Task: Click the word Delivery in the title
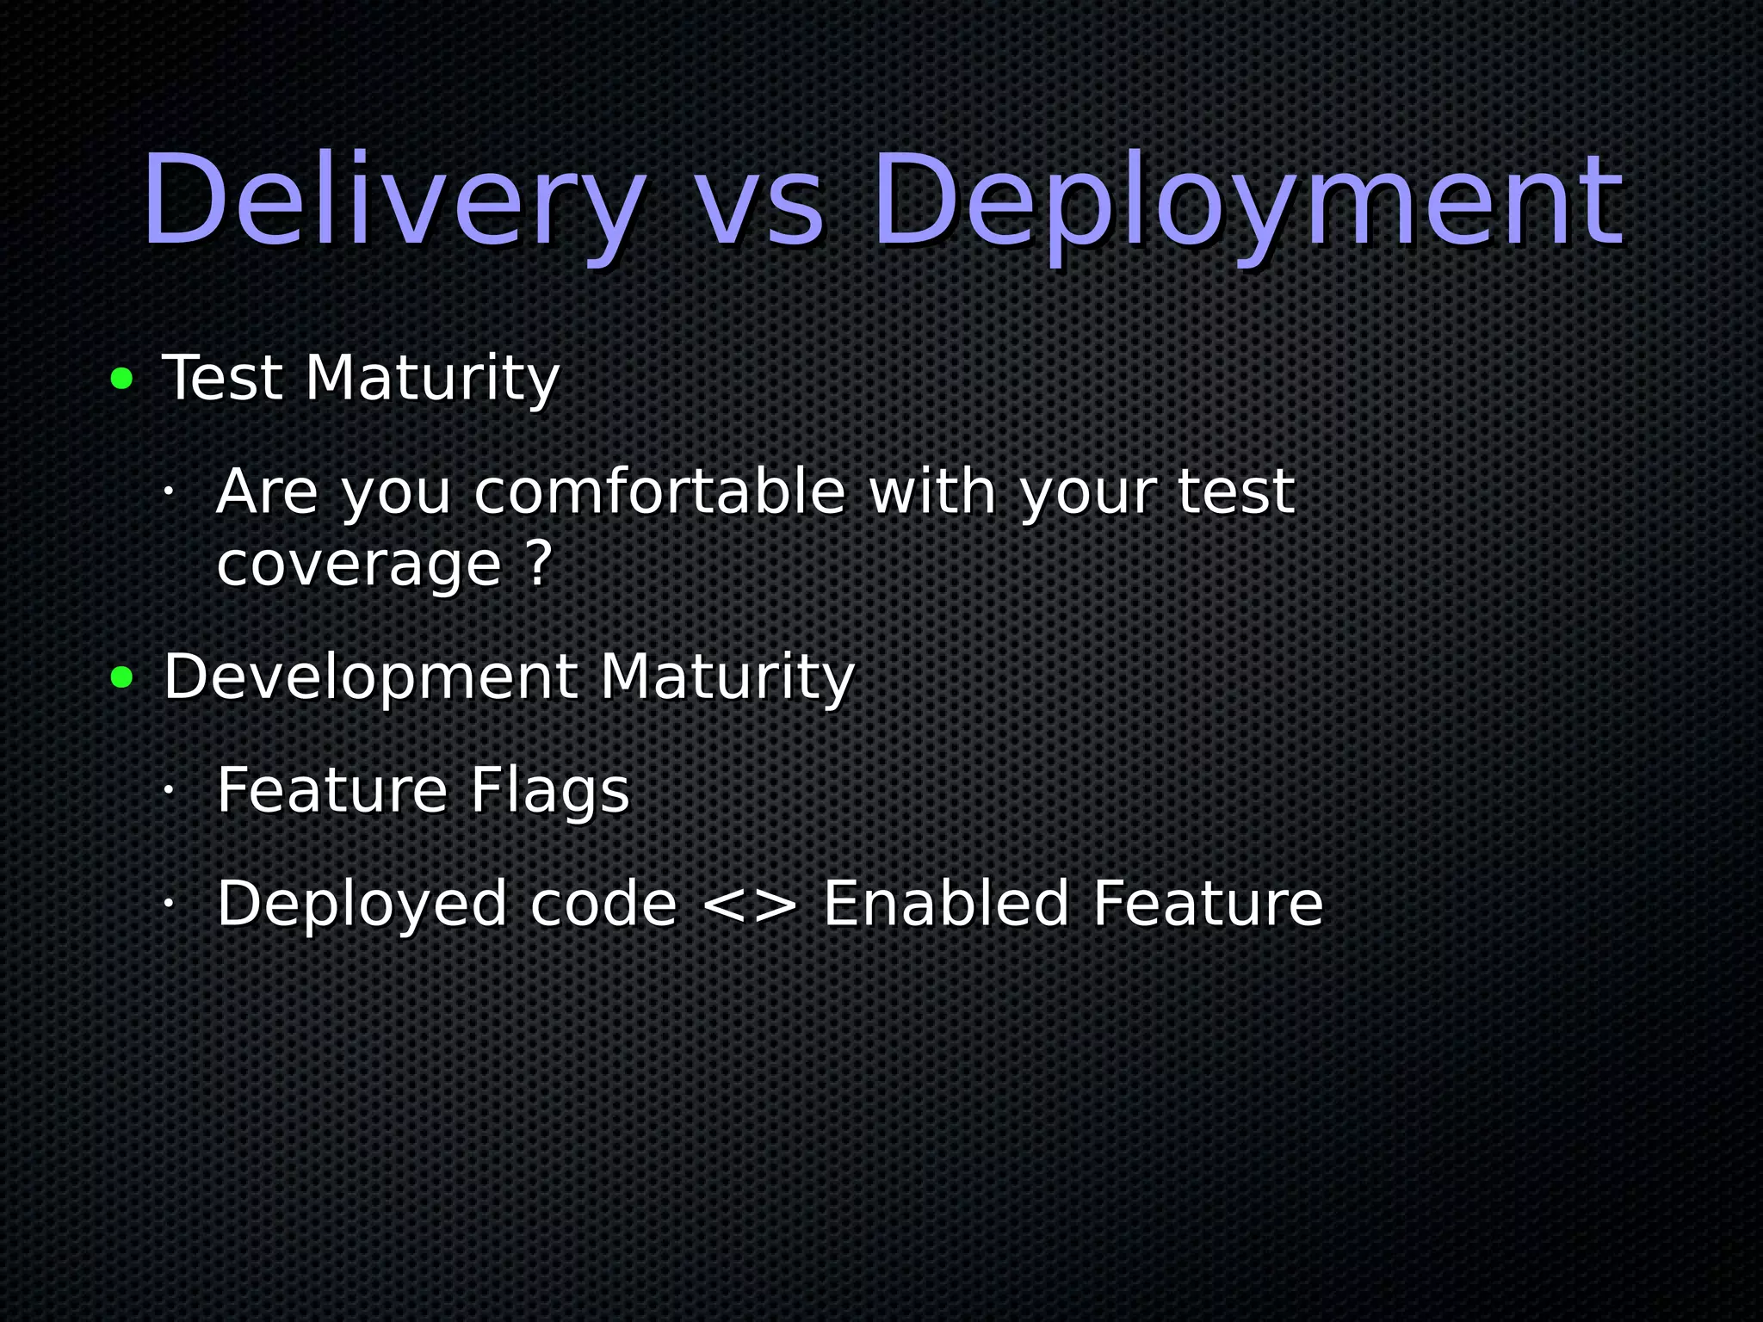pyautogui.click(x=393, y=201)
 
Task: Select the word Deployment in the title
pyautogui.click(x=1247, y=201)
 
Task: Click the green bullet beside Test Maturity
pyautogui.click(x=122, y=379)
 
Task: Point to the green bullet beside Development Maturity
pyautogui.click(x=122, y=678)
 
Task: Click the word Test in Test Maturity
pyautogui.click(x=222, y=379)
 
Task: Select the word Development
pyautogui.click(x=370, y=678)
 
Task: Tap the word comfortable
pyautogui.click(x=659, y=492)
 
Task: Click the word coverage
pyautogui.click(x=358, y=565)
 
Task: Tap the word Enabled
pyautogui.click(x=946, y=904)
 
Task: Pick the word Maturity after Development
pyautogui.click(x=726, y=678)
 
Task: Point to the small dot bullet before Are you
pyautogui.click(x=169, y=491)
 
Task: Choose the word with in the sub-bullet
pyautogui.click(x=932, y=492)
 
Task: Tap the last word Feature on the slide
pyautogui.click(x=1207, y=904)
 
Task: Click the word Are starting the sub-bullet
pyautogui.click(x=267, y=492)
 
